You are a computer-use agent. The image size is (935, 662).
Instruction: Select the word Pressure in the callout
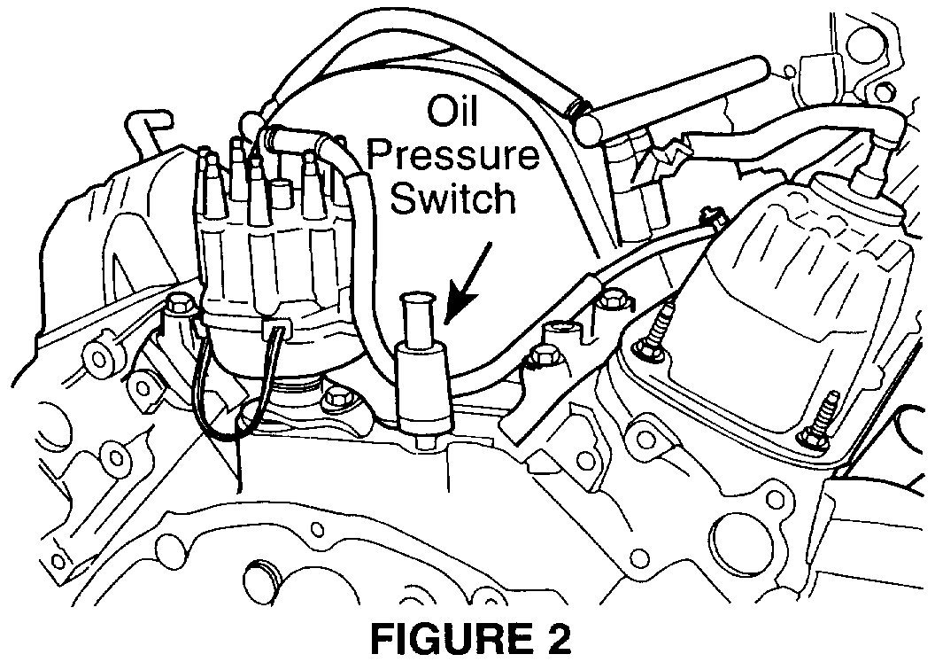(453, 158)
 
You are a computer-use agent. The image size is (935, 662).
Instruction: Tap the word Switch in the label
(453, 199)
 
